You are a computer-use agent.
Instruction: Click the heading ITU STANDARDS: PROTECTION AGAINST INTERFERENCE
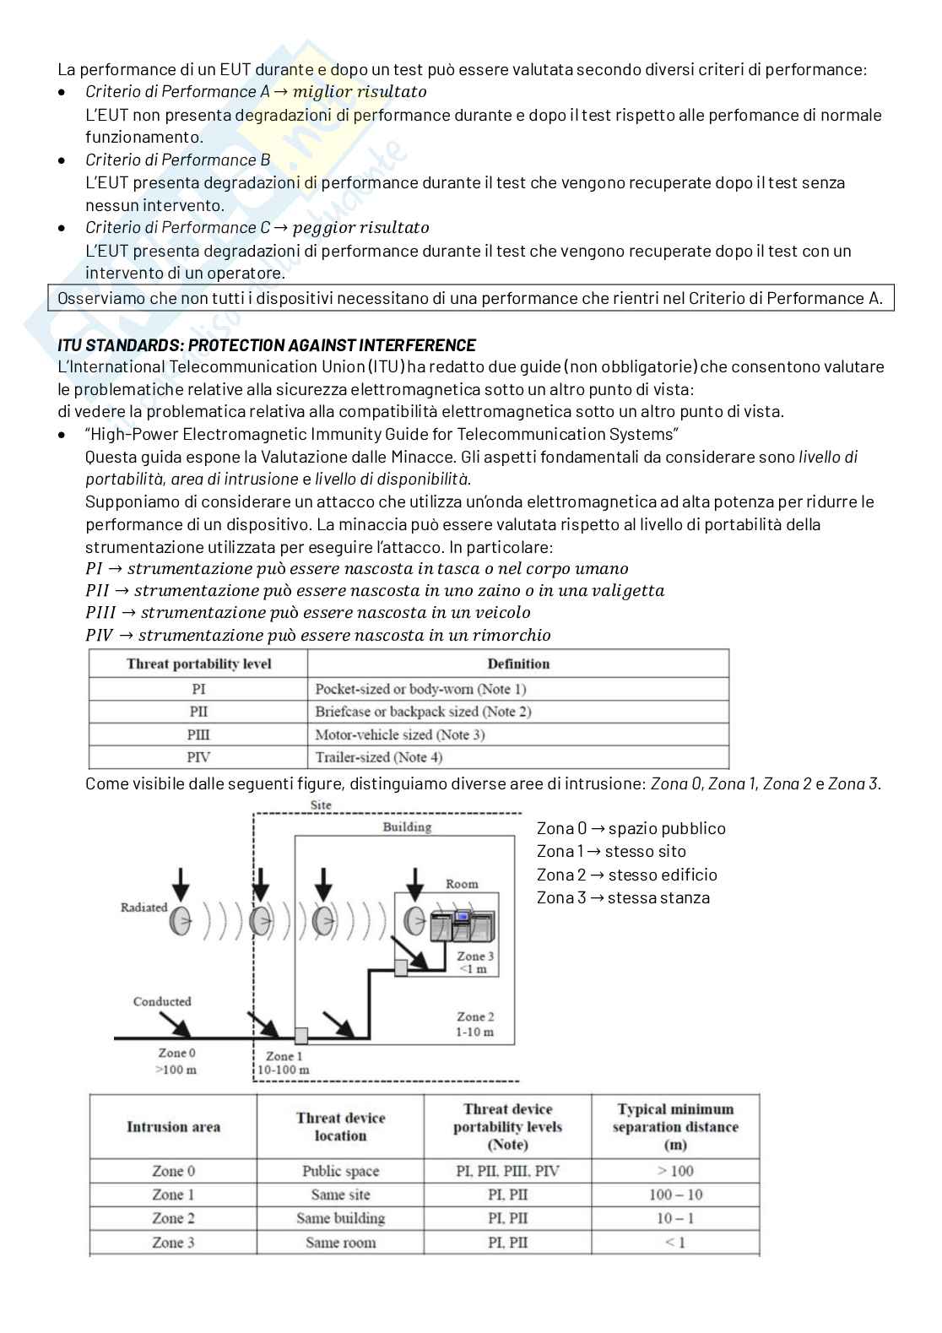(266, 345)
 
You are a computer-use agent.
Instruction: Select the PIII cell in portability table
(198, 734)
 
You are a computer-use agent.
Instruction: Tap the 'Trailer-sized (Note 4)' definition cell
(378, 757)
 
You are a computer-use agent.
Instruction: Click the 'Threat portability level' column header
(198, 664)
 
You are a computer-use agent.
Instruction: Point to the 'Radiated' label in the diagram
(143, 908)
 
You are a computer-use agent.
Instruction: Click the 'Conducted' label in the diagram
(162, 1001)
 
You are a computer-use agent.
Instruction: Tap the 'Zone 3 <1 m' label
(474, 962)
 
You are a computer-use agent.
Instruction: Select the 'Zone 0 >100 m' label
(176, 1061)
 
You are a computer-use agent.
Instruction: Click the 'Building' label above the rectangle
(407, 826)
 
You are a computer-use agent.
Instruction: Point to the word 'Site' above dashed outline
(321, 805)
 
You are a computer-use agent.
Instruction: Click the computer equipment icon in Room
(461, 926)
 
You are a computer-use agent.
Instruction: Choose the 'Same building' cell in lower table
(340, 1218)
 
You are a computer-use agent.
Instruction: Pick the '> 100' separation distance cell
(675, 1171)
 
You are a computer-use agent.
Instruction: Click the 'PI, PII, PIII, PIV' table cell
(507, 1171)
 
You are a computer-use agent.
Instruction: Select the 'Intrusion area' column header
(173, 1127)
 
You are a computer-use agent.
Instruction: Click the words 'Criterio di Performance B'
(177, 160)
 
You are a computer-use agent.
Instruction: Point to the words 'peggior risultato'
(360, 227)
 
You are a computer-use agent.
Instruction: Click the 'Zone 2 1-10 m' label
(475, 1024)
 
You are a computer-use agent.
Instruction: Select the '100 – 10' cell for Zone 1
(675, 1195)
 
